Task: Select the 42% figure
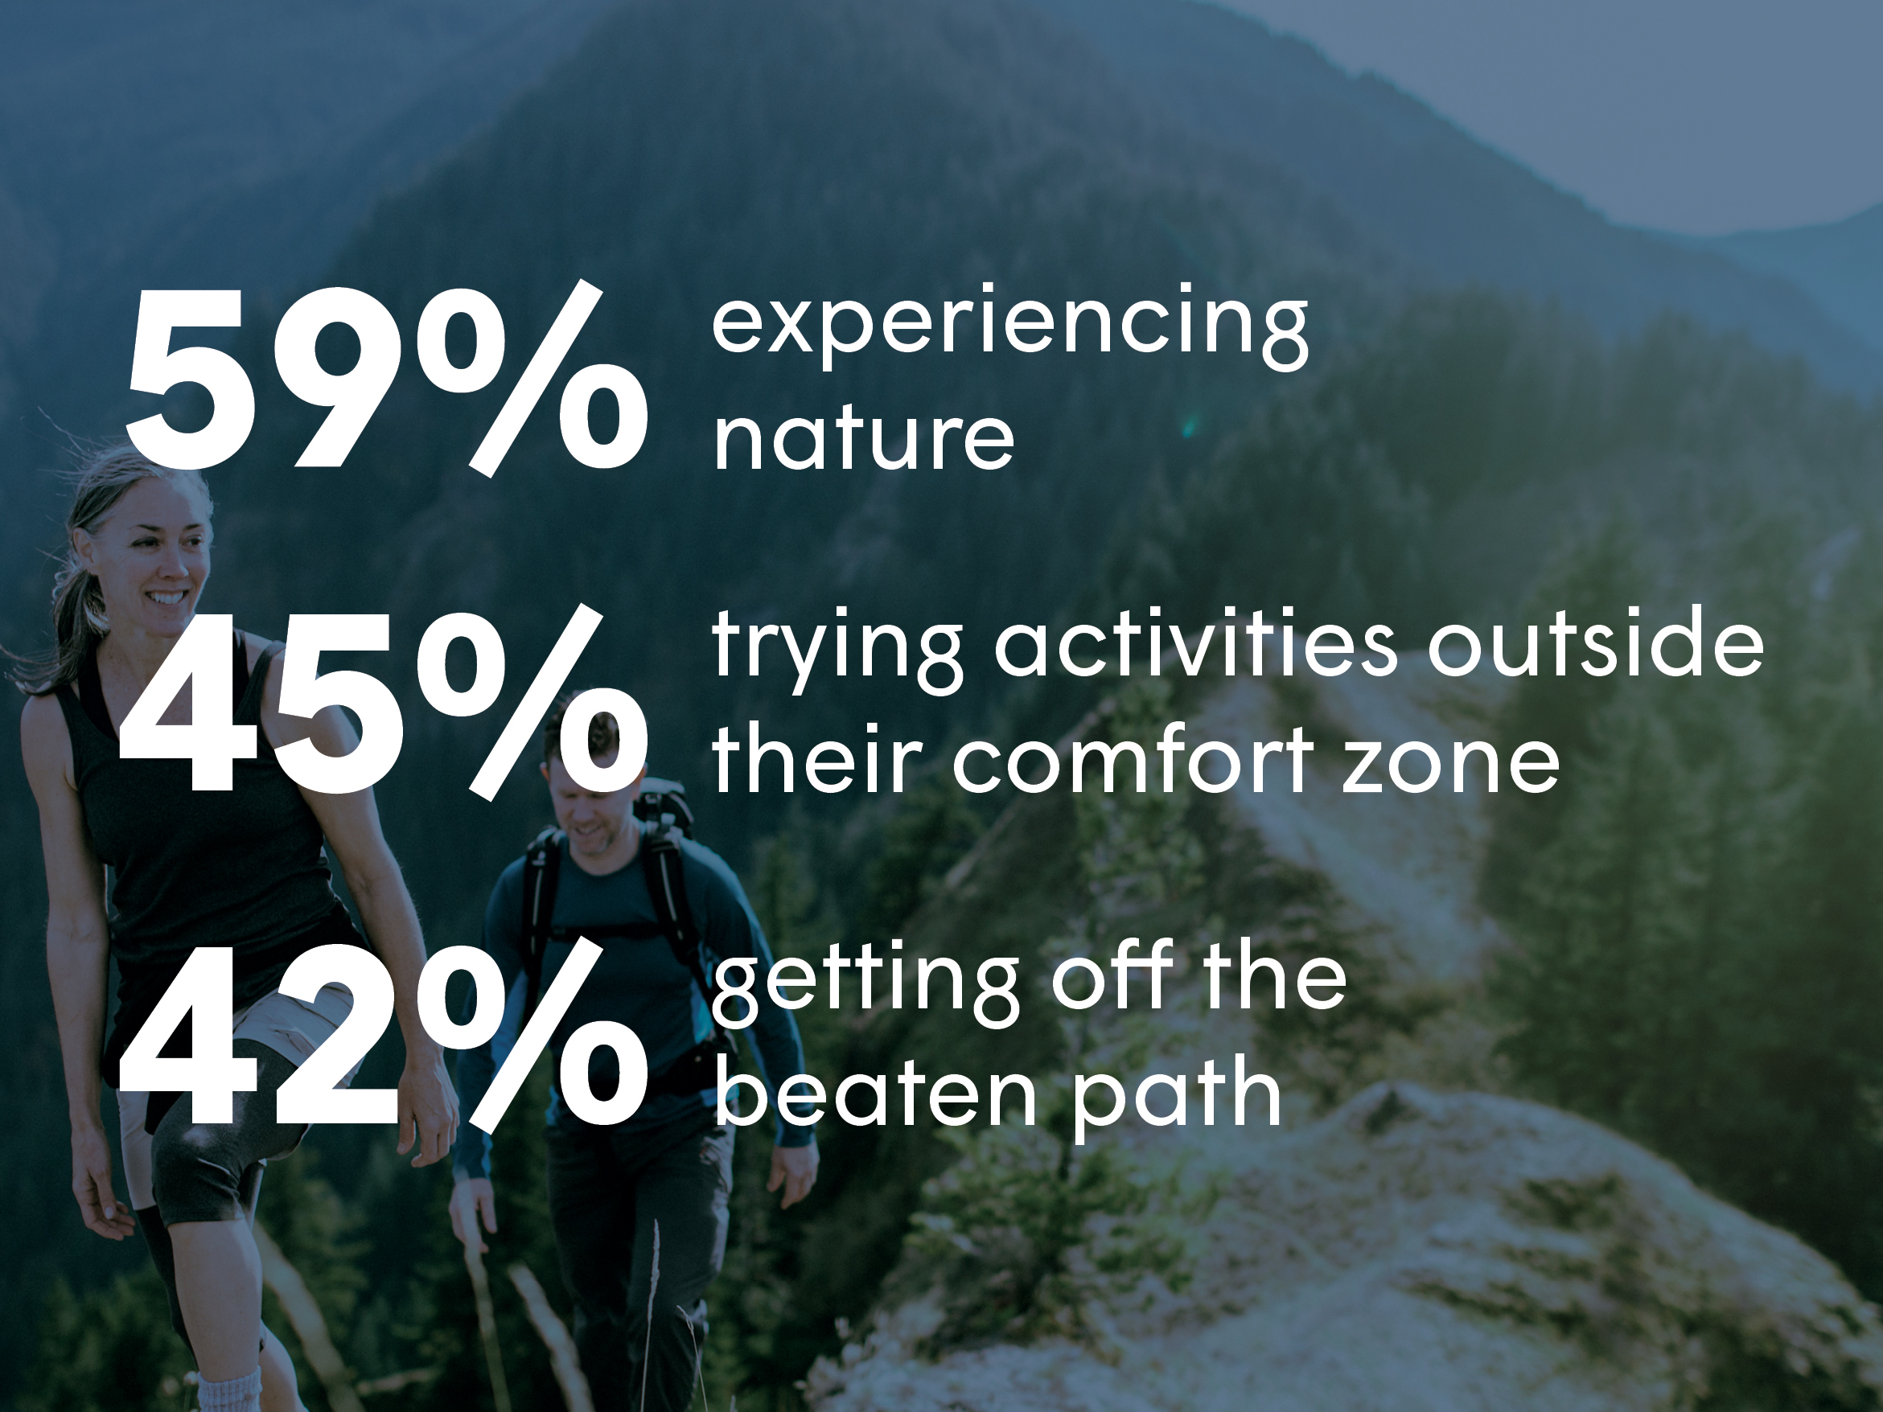[x=383, y=1034]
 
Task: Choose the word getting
[x=865, y=984]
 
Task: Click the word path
[x=1176, y=1098]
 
